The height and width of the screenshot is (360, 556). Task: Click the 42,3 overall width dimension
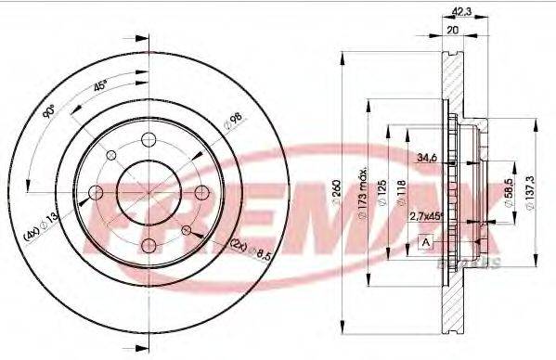click(459, 12)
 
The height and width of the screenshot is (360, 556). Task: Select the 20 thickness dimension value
click(453, 30)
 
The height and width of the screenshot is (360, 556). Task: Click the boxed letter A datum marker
click(426, 242)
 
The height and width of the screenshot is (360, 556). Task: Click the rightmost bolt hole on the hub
click(201, 193)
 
